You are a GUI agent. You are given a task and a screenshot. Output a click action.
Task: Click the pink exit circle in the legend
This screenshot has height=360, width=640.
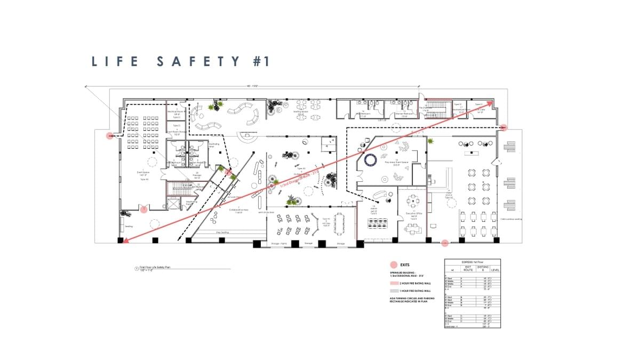point(394,265)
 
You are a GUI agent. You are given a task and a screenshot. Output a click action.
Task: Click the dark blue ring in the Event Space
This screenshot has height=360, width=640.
point(371,159)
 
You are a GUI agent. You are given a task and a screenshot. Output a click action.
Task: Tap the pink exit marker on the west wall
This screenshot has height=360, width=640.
point(110,136)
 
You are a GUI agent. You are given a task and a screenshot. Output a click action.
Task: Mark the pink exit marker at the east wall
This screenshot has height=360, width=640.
point(503,127)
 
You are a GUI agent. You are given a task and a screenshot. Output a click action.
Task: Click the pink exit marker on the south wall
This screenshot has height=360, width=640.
point(445,243)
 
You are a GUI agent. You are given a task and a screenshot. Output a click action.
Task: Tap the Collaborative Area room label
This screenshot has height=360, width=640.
point(239,209)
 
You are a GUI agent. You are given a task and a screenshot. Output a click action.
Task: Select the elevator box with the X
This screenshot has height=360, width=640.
point(173,204)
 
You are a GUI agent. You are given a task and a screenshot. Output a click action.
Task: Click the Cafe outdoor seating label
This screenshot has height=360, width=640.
point(511,219)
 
